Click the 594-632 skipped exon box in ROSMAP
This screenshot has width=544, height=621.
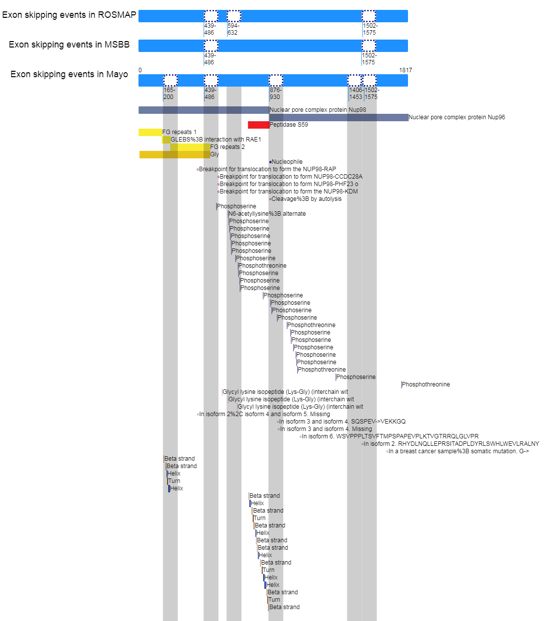234,16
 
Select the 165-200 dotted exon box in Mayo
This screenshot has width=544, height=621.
170,80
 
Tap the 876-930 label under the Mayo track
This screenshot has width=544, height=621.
275,94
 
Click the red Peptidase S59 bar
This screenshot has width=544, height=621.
259,125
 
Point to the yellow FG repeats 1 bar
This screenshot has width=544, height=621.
150,132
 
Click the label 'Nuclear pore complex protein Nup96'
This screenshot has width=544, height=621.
456,117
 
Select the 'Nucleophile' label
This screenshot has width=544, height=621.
287,161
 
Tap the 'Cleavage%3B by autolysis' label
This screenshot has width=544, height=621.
306,198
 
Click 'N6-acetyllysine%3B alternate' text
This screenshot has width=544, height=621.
267,214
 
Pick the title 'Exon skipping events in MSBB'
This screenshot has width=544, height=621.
69,45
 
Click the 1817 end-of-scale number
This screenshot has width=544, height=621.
405,70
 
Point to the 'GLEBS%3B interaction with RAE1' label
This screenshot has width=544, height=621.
216,140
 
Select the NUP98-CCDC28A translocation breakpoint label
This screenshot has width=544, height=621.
291,177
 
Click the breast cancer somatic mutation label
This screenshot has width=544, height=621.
458,451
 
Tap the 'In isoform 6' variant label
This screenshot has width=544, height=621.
390,436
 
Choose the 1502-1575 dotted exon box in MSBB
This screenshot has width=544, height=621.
369,46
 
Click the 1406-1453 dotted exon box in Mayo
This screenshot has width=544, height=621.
355,80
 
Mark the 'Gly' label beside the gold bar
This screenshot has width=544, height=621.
215,154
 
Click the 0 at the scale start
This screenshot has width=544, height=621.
140,70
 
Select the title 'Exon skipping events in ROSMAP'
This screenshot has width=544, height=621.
69,15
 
